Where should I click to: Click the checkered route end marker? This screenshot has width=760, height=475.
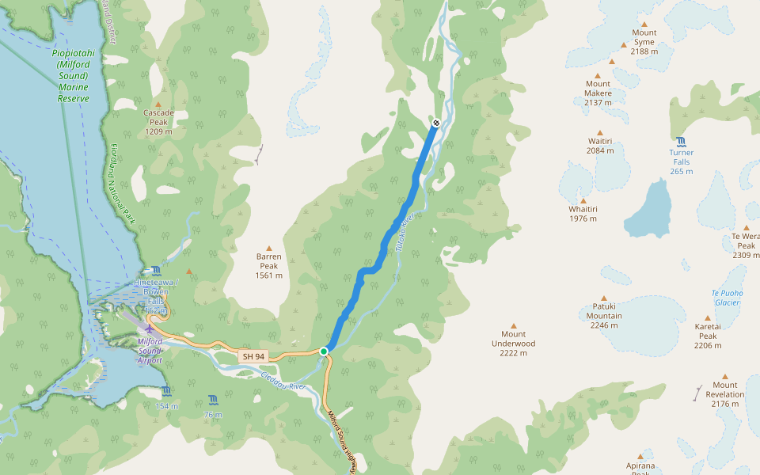436,123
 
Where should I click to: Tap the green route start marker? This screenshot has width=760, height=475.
324,351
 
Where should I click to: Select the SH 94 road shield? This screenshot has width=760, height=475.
253,356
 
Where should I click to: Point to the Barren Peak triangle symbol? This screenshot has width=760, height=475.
269,249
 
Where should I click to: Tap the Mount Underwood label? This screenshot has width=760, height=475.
513,344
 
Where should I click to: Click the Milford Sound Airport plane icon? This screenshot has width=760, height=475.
150,329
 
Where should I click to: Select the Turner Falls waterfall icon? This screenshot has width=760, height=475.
681,141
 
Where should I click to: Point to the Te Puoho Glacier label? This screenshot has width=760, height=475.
725,297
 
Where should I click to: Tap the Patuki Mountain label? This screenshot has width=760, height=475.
604,315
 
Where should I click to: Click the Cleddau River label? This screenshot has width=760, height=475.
283,381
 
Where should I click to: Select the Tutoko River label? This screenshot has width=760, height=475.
403,230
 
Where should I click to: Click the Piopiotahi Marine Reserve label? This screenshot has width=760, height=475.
72,76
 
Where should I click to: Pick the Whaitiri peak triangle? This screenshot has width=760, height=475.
583,201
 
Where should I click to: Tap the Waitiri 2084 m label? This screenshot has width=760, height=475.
600,145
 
